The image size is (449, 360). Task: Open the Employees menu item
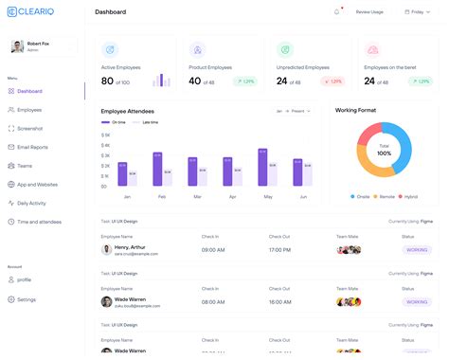(x=29, y=110)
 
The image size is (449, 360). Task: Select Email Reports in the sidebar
(x=32, y=147)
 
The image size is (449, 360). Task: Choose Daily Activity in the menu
(x=32, y=203)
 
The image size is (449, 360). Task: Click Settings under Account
(x=27, y=299)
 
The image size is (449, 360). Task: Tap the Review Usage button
(x=370, y=12)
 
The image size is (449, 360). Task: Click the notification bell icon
(x=336, y=12)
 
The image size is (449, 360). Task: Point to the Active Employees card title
(x=121, y=67)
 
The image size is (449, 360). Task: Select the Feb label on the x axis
(x=162, y=196)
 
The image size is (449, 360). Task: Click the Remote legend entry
(x=386, y=196)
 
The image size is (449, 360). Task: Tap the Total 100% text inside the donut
(x=384, y=150)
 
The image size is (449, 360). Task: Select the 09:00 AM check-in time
(x=220, y=250)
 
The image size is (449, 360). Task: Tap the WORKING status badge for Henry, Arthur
(x=415, y=250)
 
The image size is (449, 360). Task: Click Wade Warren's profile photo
(x=107, y=302)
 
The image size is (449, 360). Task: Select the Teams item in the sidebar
(x=25, y=166)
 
